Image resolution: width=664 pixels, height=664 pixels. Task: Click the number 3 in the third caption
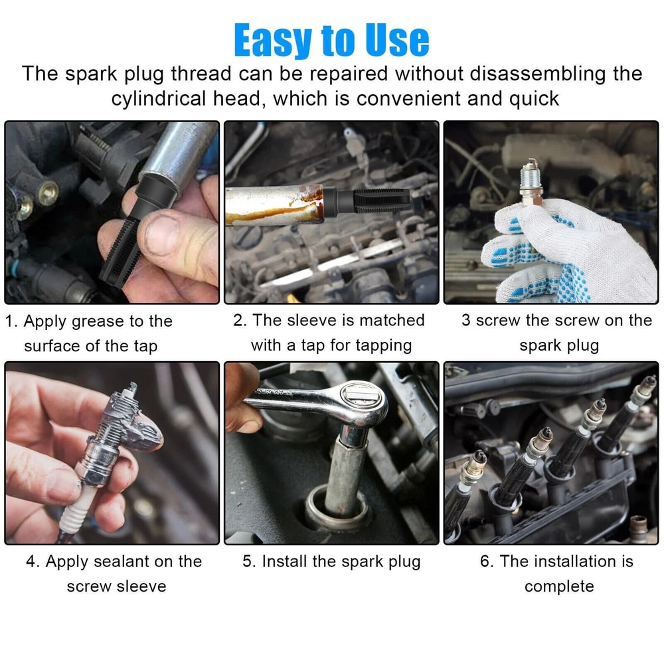tap(466, 320)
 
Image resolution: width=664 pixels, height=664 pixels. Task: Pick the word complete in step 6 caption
tap(558, 587)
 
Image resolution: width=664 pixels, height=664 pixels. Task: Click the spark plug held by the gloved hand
tap(531, 183)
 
